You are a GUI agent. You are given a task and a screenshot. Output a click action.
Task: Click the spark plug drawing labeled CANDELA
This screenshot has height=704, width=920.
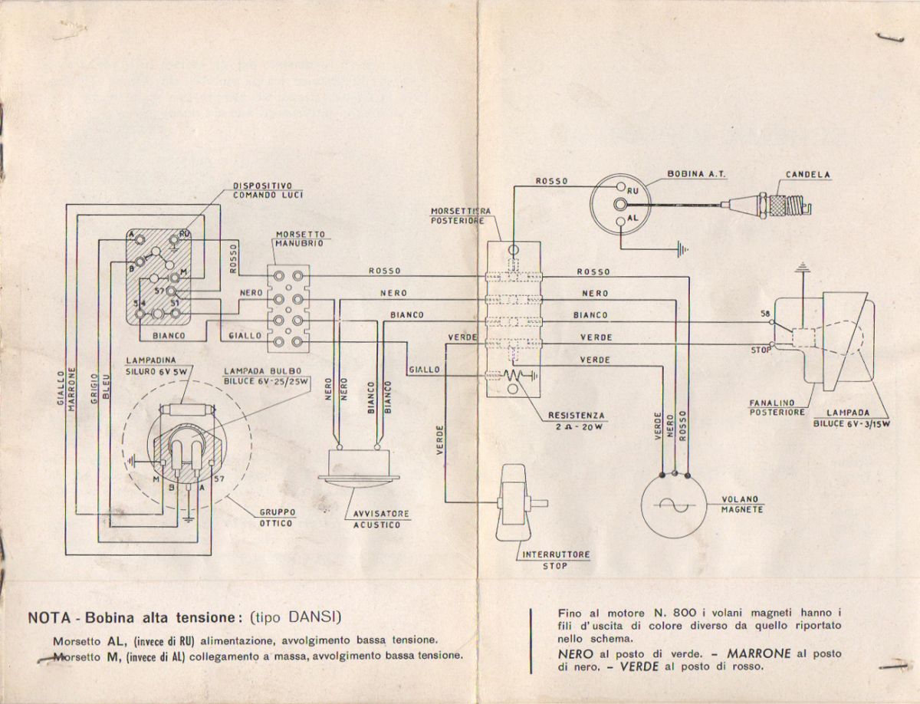point(779,204)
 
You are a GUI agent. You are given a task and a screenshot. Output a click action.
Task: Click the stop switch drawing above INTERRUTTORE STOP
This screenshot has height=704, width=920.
point(515,504)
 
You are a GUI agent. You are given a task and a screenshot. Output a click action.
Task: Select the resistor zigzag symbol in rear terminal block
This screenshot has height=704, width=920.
point(515,376)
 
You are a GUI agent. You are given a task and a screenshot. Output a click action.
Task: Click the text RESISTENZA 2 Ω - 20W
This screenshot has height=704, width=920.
point(576,422)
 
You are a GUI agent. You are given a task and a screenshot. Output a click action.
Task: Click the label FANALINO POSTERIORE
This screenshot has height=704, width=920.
point(777,406)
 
